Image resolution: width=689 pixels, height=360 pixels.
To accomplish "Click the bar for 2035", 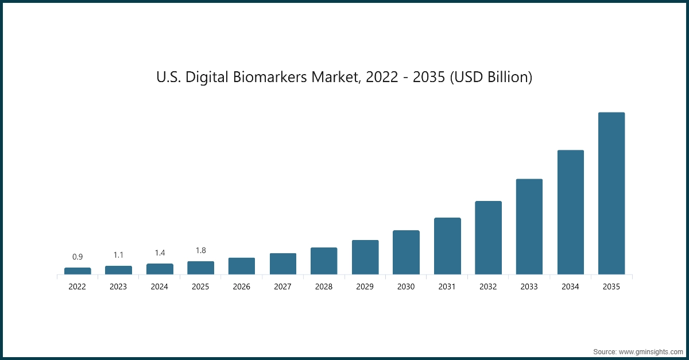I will (611, 193).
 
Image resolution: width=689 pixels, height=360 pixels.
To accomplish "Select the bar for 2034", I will (570, 212).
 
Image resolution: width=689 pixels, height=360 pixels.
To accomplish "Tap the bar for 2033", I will (529, 227).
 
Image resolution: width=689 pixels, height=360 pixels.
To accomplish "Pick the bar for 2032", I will (488, 238).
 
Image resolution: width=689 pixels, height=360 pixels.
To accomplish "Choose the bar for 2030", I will (406, 253).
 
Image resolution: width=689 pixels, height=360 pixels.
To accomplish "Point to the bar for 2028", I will (324, 261).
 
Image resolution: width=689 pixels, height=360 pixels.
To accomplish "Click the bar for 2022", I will (78, 271).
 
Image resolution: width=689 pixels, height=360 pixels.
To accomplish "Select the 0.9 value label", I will (78, 257).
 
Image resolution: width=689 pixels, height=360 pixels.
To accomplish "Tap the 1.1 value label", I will (118, 255).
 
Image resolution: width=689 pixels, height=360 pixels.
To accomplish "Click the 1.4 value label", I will (160, 253).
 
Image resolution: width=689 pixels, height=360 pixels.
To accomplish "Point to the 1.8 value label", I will (200, 250).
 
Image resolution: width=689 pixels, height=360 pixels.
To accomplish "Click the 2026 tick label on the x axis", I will (242, 287).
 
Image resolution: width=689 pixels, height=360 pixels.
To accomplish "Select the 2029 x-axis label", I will (365, 287).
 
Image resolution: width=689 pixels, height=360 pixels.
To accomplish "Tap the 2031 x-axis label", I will (447, 287).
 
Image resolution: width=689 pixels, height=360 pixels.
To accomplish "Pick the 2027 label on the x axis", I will (282, 287).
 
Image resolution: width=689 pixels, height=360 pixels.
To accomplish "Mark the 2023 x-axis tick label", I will (118, 287).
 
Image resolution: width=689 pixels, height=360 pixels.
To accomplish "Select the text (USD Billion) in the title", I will (491, 77).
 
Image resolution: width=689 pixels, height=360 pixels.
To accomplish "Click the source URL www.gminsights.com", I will (651, 351).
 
